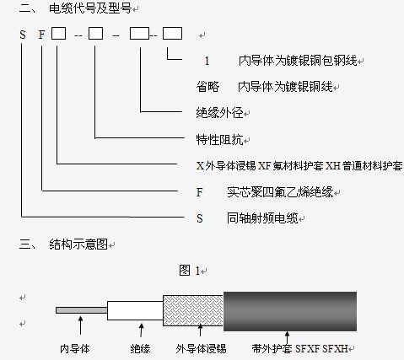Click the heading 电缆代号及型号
point(90,8)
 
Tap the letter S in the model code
point(23,35)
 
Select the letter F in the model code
point(41,35)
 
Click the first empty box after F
point(58,33)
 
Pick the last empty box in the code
point(172,33)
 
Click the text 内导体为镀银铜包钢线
point(298,61)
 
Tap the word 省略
point(207,87)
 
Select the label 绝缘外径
point(219,113)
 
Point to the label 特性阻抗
point(219,139)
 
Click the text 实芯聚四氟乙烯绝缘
point(280,192)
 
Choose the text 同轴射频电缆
point(262,218)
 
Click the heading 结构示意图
point(78,244)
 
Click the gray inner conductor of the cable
point(82,310)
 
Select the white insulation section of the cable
point(135,310)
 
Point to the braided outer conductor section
point(193,310)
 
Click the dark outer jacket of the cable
point(290,311)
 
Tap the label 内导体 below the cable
point(75,349)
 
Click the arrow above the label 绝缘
point(141,330)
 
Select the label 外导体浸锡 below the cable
point(201,349)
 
